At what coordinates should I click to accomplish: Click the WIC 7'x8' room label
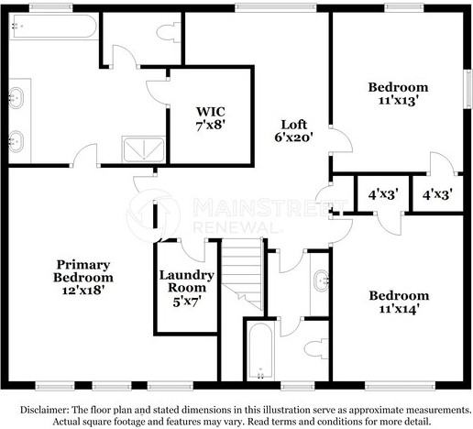[211, 118]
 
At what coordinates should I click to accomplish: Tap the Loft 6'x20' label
[293, 131]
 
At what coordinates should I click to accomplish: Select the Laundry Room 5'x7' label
[186, 288]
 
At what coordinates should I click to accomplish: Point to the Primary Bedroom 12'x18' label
[83, 278]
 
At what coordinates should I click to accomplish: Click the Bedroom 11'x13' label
[398, 93]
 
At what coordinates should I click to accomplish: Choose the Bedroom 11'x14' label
[399, 302]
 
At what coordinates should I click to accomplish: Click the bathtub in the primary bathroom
[54, 27]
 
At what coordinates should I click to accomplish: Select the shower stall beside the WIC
[144, 149]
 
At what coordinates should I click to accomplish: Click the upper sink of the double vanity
[16, 98]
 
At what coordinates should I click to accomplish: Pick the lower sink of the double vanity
[16, 141]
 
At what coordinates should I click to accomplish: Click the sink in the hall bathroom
[322, 280]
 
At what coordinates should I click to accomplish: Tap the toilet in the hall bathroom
[316, 349]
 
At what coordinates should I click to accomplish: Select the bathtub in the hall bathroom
[260, 351]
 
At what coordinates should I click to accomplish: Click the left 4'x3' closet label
[383, 194]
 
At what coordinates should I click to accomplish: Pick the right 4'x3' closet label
[437, 194]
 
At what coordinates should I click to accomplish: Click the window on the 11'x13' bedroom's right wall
[468, 89]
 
